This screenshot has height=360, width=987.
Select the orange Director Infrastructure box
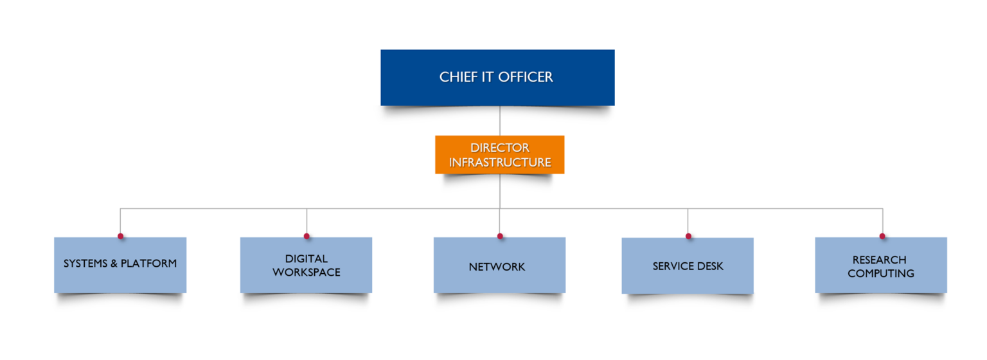tap(499, 154)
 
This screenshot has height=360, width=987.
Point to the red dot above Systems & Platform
tap(120, 236)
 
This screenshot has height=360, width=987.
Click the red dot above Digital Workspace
tap(307, 236)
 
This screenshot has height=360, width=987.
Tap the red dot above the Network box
tap(500, 236)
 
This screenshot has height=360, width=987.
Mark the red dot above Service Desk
tap(688, 236)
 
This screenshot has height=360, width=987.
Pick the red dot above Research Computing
tap(882, 236)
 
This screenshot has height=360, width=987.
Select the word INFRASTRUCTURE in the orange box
tap(500, 163)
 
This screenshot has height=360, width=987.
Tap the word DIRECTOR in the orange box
tap(500, 148)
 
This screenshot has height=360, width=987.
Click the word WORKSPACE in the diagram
tap(307, 272)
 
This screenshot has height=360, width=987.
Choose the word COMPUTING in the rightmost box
tap(881, 273)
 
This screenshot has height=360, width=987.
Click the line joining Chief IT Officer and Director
tap(500, 121)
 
